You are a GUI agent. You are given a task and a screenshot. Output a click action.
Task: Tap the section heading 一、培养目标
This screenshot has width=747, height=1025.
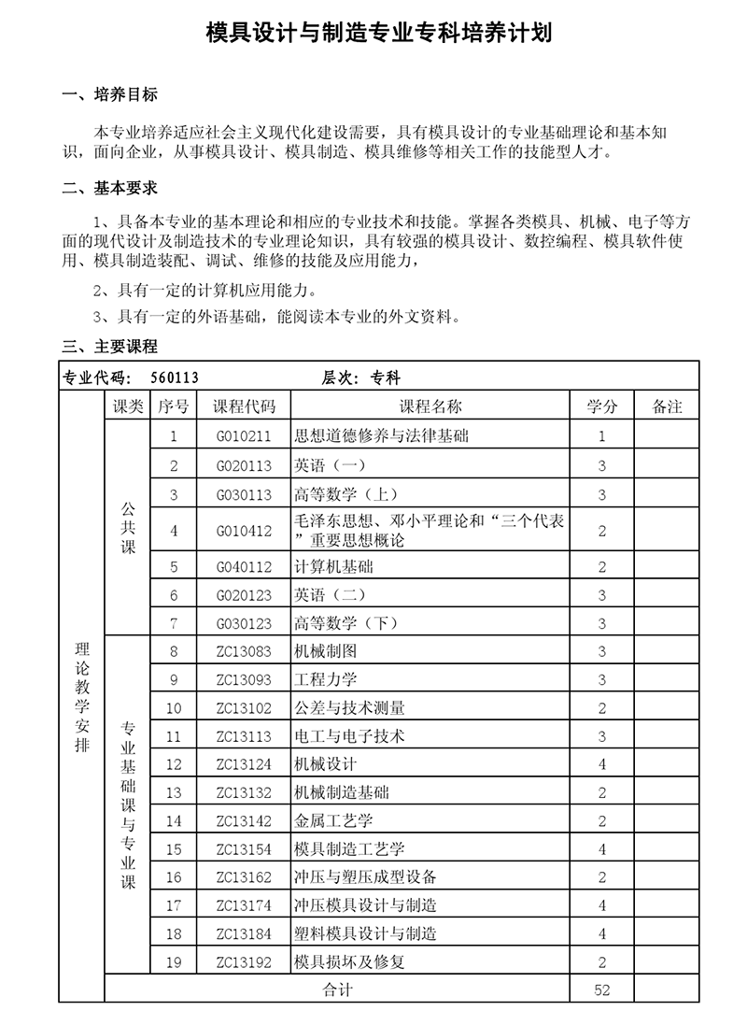[109, 94]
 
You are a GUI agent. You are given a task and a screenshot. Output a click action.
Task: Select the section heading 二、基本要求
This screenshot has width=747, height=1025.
[109, 188]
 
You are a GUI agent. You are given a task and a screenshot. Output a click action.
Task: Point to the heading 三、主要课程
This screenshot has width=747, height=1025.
[109, 347]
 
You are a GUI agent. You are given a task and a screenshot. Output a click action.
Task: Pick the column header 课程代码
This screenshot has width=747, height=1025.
[245, 406]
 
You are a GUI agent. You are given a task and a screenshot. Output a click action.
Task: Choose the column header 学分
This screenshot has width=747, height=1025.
[601, 406]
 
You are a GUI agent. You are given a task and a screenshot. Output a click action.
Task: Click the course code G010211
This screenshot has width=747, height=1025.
[244, 435]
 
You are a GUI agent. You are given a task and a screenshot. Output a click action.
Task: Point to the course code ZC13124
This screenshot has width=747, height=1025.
[244, 764]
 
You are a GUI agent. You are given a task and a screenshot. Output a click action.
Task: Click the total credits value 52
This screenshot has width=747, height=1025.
[601, 989]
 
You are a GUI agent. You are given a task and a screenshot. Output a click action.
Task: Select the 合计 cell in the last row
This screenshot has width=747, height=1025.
[337, 989]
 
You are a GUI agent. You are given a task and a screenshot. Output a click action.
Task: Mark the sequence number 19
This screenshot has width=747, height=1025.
[174, 961]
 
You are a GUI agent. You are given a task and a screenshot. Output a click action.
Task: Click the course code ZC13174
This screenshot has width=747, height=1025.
[244, 904]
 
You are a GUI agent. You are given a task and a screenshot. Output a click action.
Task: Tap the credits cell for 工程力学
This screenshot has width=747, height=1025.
[601, 679]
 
